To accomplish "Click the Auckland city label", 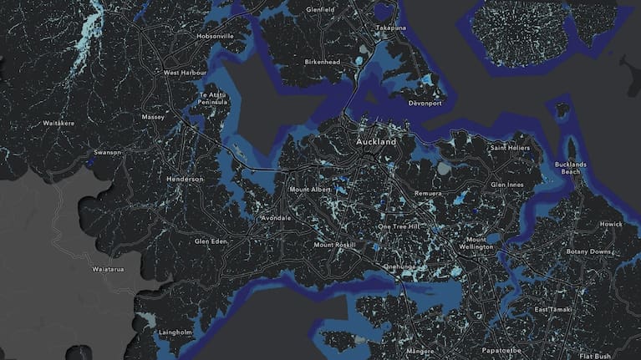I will pyautogui.click(x=376, y=142).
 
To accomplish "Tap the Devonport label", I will pyautogui.click(x=425, y=103).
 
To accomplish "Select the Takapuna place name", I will pyautogui.click(x=390, y=28).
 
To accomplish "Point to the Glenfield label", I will pyautogui.click(x=321, y=9).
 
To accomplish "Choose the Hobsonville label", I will pyautogui.click(x=216, y=37).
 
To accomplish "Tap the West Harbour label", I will pyautogui.click(x=184, y=73).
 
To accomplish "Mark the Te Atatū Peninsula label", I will pyautogui.click(x=212, y=99).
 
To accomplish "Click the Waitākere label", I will pyautogui.click(x=59, y=123).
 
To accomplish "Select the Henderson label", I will pyautogui.click(x=185, y=179).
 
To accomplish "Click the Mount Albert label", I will pyautogui.click(x=311, y=190).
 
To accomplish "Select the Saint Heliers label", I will pyautogui.click(x=510, y=148).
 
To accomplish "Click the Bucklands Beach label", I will pyautogui.click(x=571, y=168).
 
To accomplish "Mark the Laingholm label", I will pyautogui.click(x=176, y=332).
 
